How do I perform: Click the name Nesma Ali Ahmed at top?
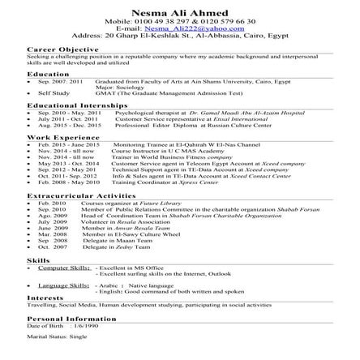click(x=180, y=6)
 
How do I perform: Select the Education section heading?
click(x=48, y=74)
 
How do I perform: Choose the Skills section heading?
click(x=38, y=260)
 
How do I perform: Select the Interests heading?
click(x=45, y=298)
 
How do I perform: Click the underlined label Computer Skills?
click(x=64, y=267)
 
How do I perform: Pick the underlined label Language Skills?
click(x=64, y=285)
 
